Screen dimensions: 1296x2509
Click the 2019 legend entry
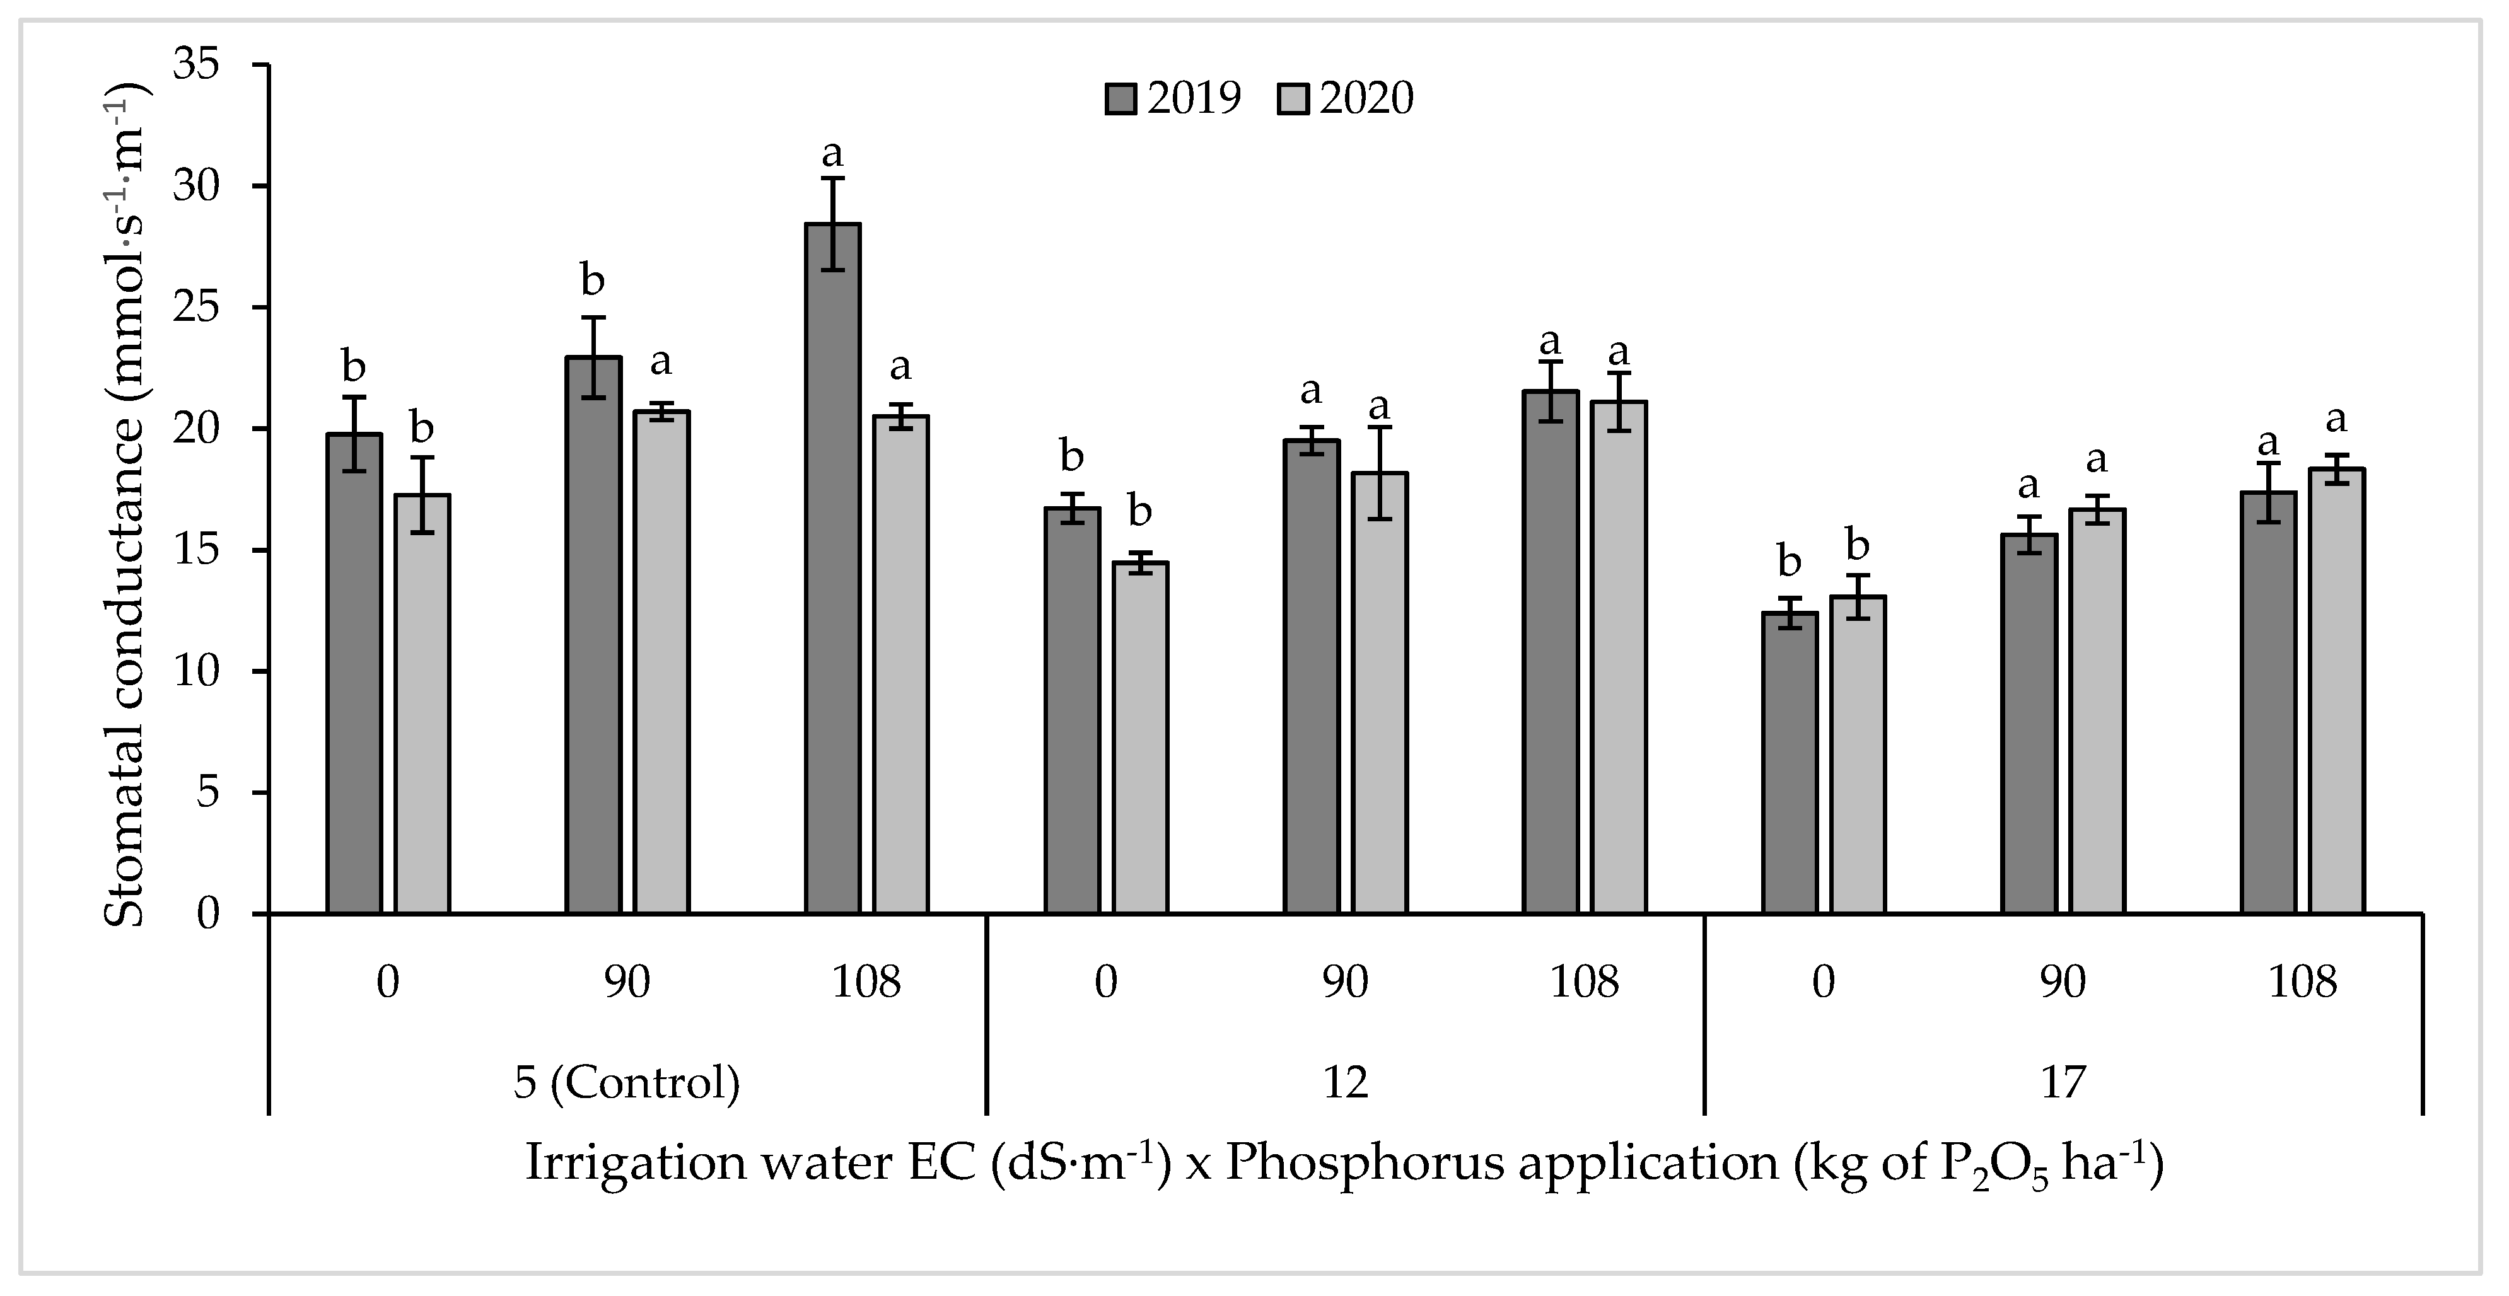pos(1173,98)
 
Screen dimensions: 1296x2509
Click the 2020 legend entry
pos(1345,98)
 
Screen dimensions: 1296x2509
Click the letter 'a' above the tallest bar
pos(833,154)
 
